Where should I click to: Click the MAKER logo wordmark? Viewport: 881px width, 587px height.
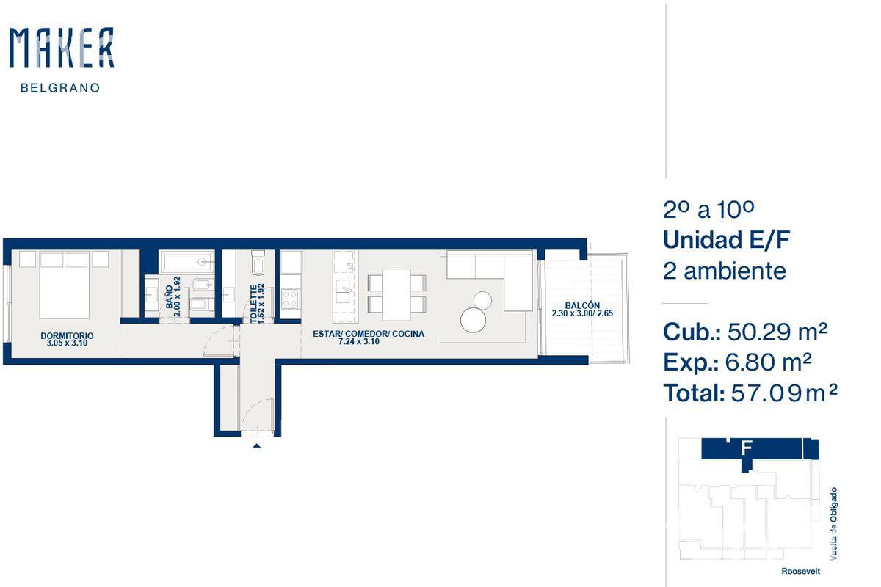pos(62,47)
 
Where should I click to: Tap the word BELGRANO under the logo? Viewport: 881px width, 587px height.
pos(60,87)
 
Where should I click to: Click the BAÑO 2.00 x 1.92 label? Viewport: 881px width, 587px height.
pos(173,296)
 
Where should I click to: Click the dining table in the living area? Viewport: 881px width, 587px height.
pos(396,294)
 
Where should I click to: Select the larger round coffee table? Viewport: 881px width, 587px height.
pos(473,320)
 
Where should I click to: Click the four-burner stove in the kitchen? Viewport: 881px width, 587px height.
pos(290,299)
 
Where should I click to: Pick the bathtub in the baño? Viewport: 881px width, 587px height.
pos(187,261)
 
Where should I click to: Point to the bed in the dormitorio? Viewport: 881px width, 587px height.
pos(64,285)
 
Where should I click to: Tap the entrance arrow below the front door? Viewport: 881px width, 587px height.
pos(256,445)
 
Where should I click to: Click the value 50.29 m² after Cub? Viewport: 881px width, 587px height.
pos(777,332)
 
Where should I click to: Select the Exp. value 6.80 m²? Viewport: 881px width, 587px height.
pos(768,362)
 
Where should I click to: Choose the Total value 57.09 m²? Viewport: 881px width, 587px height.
pos(784,393)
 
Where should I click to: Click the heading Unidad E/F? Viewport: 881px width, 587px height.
pos(726,240)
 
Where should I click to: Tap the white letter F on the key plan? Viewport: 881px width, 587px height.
pos(746,448)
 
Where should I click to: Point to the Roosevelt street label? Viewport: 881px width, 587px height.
pos(801,571)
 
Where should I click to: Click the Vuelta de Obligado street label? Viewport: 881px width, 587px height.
pos(833,524)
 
